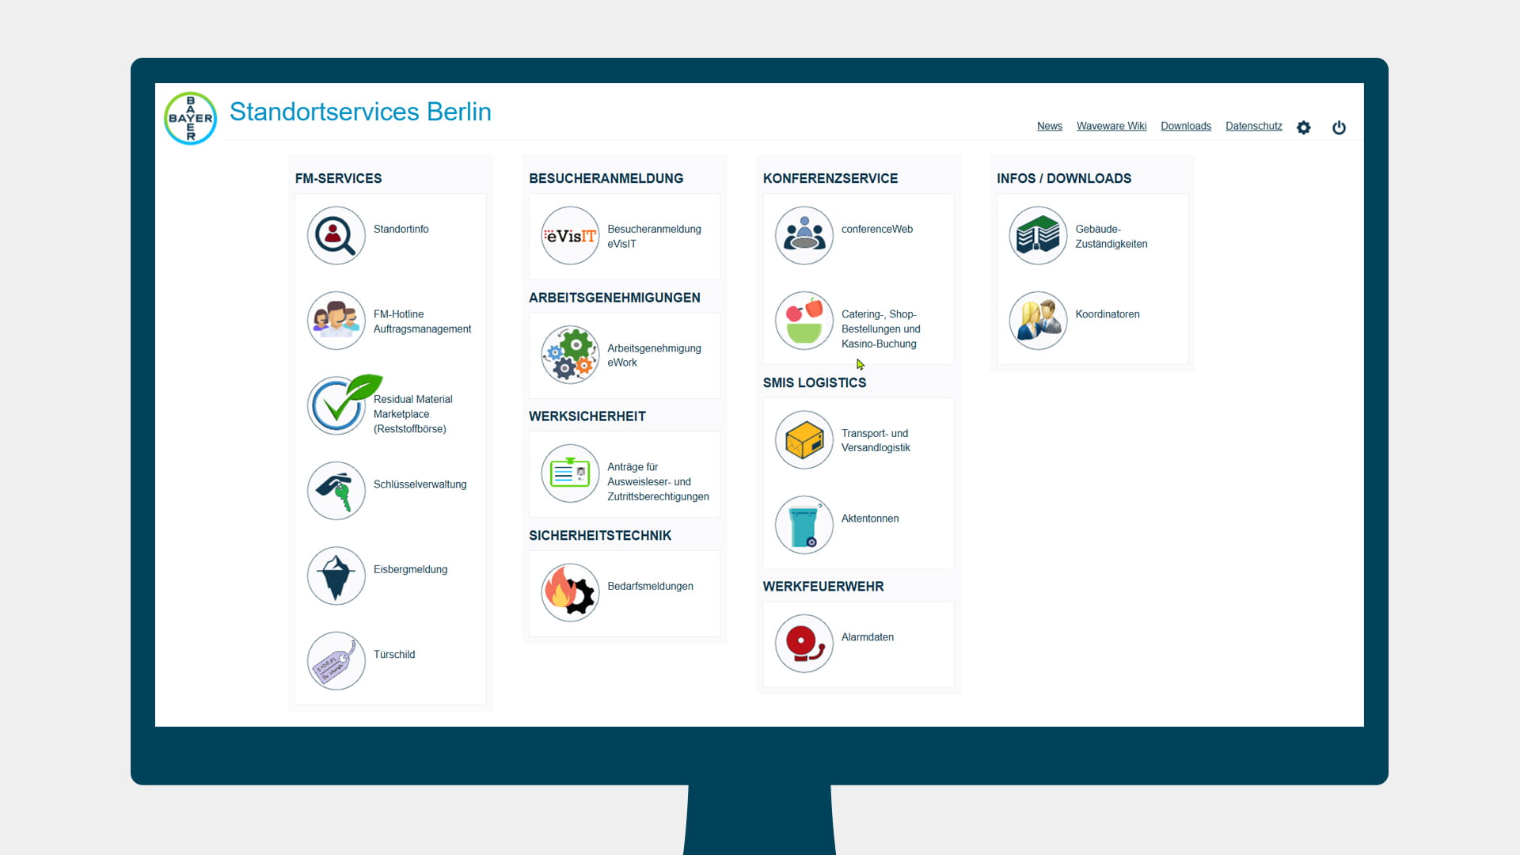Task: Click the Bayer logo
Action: click(190, 119)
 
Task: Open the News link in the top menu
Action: click(1050, 126)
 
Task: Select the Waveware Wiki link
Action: click(1111, 126)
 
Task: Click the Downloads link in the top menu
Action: click(1186, 126)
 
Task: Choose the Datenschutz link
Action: click(1254, 126)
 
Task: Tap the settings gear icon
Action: click(1304, 127)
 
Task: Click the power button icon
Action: click(1339, 127)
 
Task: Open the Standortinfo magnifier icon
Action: click(336, 236)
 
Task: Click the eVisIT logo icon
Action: click(570, 236)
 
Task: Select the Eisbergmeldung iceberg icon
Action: click(336, 576)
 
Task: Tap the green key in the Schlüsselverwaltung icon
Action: click(343, 497)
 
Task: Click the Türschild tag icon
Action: click(336, 661)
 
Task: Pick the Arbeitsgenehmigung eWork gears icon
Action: click(570, 355)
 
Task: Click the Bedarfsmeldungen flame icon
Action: click(570, 592)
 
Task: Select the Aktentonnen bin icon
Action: click(804, 525)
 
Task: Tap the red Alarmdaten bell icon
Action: click(804, 644)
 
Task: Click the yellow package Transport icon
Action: click(804, 440)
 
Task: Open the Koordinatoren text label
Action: click(1108, 314)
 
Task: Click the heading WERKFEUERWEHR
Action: click(823, 587)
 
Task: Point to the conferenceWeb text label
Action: click(877, 229)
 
